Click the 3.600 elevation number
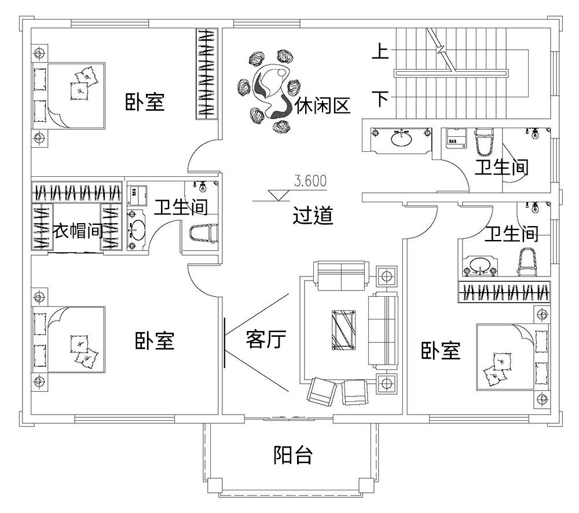pos(310,181)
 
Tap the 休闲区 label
pos(323,105)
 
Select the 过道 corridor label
pos(313,216)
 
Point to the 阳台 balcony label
pos(293,456)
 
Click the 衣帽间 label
pos(78,231)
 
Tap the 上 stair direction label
pos(380,52)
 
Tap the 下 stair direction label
pos(380,99)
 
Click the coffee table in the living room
pos(344,330)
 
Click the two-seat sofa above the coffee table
pos(340,274)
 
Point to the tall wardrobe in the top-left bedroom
pos(207,73)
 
